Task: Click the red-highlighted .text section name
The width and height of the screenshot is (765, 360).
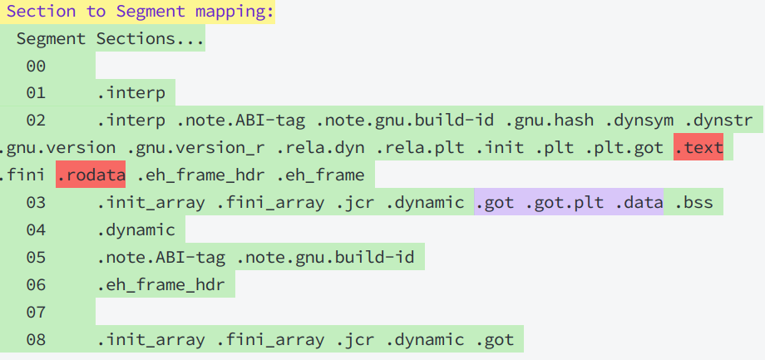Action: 698,148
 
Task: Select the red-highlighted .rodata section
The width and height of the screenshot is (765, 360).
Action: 91,175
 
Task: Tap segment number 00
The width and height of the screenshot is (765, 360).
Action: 36,67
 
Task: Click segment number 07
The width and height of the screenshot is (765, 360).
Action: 36,313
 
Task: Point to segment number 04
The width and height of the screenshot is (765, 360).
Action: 36,230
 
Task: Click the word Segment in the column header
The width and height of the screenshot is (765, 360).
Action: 51,39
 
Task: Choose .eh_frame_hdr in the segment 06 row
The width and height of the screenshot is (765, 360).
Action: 165,285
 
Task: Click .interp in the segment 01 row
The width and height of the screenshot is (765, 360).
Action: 131,93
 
